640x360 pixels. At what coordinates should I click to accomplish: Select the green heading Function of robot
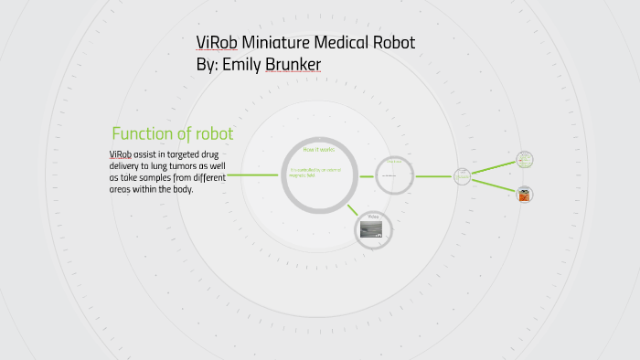click(x=172, y=133)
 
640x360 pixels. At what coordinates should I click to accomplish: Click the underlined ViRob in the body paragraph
click(x=121, y=154)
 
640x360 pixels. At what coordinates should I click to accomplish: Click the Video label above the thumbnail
click(x=372, y=217)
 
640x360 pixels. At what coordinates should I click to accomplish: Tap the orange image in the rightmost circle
click(x=524, y=195)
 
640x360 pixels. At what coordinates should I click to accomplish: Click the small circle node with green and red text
click(x=524, y=160)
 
